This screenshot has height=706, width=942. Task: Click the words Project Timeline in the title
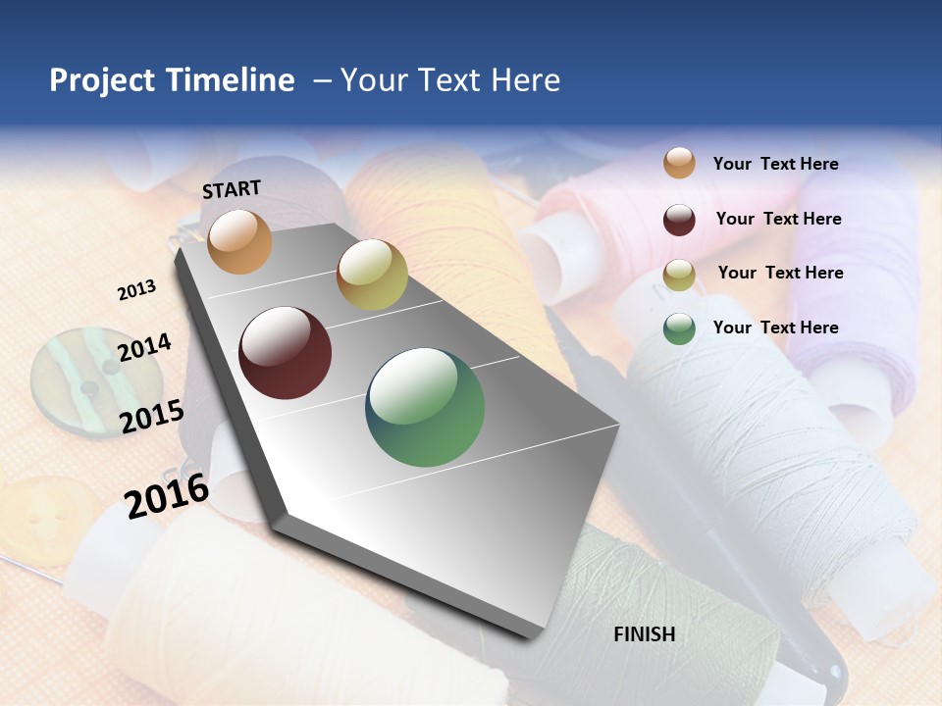click(x=172, y=80)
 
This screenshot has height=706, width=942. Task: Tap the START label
click(x=232, y=189)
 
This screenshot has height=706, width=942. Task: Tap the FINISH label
click(x=645, y=634)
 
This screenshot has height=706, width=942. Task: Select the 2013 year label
click(x=136, y=290)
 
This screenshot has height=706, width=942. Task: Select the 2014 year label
click(x=144, y=347)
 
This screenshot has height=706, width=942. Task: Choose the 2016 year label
click(x=167, y=495)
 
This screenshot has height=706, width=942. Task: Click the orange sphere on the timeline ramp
click(x=240, y=241)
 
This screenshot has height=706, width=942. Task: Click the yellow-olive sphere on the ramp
click(x=372, y=275)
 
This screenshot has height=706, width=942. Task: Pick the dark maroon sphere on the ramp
click(x=286, y=353)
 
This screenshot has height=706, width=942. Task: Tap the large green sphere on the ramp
click(x=425, y=407)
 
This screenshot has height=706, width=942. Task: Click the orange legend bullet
click(x=679, y=163)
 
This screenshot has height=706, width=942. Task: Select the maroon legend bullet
click(x=679, y=220)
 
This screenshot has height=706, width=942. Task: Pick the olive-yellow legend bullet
click(x=679, y=275)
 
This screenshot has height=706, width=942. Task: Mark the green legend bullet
click(x=679, y=328)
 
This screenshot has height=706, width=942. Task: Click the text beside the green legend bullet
click(x=775, y=328)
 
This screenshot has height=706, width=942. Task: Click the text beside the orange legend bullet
click(x=775, y=164)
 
